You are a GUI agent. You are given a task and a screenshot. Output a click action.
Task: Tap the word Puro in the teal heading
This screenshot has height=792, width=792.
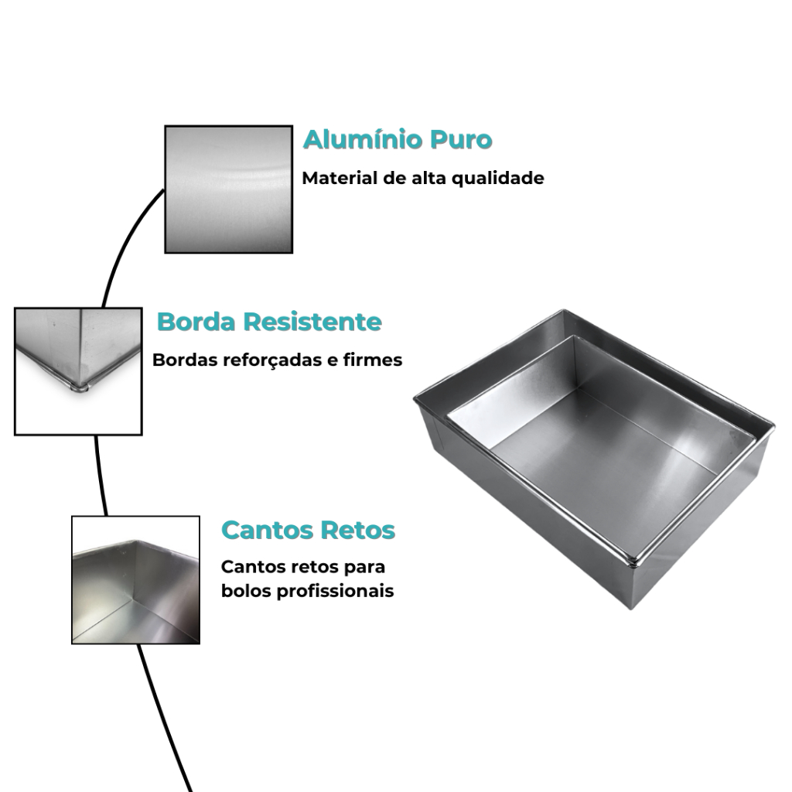point(461,139)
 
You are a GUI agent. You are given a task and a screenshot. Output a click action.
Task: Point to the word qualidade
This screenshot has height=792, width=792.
point(497,179)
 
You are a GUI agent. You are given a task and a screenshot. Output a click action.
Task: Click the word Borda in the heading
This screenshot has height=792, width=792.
point(196,322)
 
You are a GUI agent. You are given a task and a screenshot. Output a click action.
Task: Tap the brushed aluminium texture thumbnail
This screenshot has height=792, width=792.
point(229,189)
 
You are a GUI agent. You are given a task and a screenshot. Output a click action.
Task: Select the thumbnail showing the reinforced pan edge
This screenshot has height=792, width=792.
point(78,371)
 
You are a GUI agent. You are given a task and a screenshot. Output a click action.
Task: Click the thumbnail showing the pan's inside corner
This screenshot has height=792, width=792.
point(136,580)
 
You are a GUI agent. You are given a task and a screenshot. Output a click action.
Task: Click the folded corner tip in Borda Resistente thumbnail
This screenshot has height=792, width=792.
point(80,388)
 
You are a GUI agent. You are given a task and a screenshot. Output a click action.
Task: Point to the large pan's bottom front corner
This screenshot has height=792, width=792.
point(631,608)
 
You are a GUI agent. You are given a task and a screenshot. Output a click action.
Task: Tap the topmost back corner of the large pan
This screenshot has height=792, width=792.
point(564,310)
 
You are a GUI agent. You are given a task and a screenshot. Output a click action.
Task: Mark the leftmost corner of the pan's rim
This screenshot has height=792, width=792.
point(415,398)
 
